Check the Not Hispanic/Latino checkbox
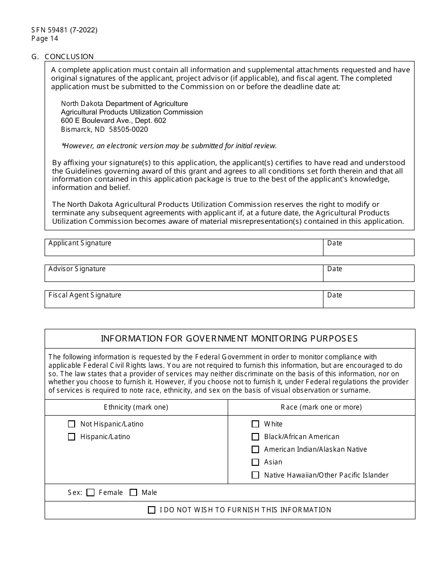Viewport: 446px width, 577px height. (x=71, y=424)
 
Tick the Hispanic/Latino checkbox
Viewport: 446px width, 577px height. (x=71, y=437)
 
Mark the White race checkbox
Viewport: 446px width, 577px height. (x=255, y=424)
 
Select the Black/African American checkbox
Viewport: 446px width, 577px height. (x=255, y=437)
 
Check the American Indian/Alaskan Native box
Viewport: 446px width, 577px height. (x=255, y=449)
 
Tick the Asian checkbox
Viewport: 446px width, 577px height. (x=255, y=462)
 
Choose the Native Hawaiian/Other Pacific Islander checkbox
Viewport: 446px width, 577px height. (x=255, y=475)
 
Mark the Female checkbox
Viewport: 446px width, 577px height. (x=91, y=493)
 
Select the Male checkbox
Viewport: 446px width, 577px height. (x=133, y=493)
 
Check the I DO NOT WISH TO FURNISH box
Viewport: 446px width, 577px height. (x=152, y=510)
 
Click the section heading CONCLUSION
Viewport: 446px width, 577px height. (x=69, y=57)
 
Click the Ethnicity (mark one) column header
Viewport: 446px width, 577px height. (x=136, y=407)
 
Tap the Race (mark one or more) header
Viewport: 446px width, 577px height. (x=321, y=407)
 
